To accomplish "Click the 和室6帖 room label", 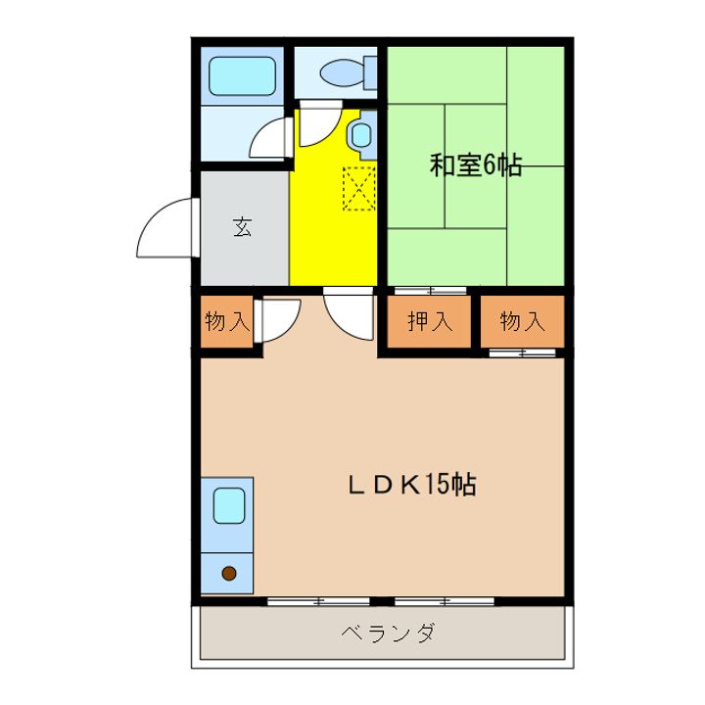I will coord(475,164).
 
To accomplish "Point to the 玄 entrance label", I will coord(243,227).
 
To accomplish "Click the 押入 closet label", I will coord(429,321).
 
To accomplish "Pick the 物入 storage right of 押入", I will coord(522,321).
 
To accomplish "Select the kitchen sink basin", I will coord(229,505).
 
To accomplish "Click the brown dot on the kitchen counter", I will coord(229,574).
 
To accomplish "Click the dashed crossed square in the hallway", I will coord(358,187).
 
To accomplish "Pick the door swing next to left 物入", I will coord(279,321).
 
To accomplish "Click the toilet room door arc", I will coord(318,122).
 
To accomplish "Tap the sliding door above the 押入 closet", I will coord(430,290).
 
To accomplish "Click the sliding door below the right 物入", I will coord(522,352).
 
